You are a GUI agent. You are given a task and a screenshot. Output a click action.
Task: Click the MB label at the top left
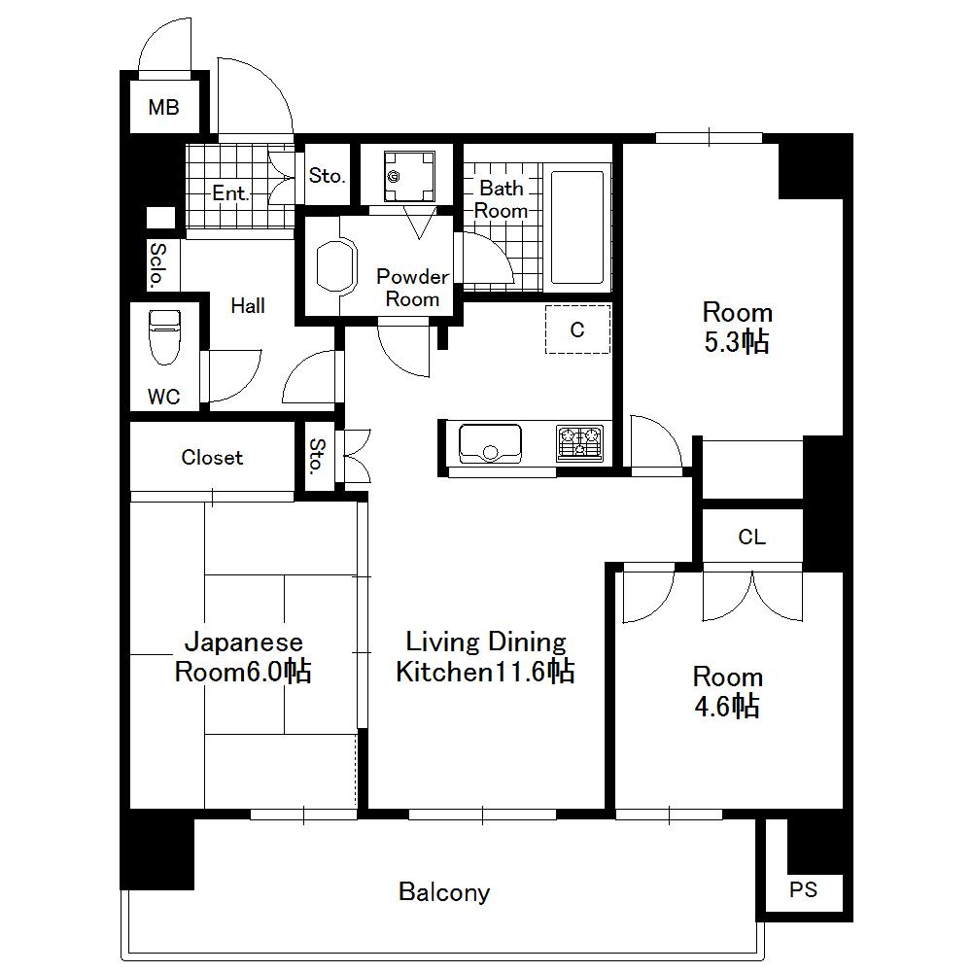tap(163, 107)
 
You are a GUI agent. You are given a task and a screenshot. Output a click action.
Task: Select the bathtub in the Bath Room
tap(578, 229)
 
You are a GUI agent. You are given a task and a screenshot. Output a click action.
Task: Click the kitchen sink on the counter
tap(490, 443)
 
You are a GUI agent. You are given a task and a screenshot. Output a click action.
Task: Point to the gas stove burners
tap(579, 443)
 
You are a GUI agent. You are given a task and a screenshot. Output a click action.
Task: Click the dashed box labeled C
tap(577, 330)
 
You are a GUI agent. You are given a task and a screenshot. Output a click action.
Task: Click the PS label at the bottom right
tap(803, 889)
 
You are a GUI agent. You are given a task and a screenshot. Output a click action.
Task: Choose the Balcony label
tap(444, 891)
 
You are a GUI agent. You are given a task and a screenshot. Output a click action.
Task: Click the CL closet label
tap(751, 537)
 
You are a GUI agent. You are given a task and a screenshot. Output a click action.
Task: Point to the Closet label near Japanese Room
tap(212, 457)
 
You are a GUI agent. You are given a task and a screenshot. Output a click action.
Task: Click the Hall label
tap(248, 306)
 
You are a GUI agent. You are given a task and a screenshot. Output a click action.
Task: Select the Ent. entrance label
tap(230, 192)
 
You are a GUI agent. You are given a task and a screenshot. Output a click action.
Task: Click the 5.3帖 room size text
tap(737, 342)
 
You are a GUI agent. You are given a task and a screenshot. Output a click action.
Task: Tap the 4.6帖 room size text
tap(727, 707)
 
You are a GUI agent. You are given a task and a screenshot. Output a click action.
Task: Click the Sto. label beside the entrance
tap(327, 176)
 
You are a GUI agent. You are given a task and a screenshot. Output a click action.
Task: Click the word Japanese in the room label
tap(244, 642)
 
